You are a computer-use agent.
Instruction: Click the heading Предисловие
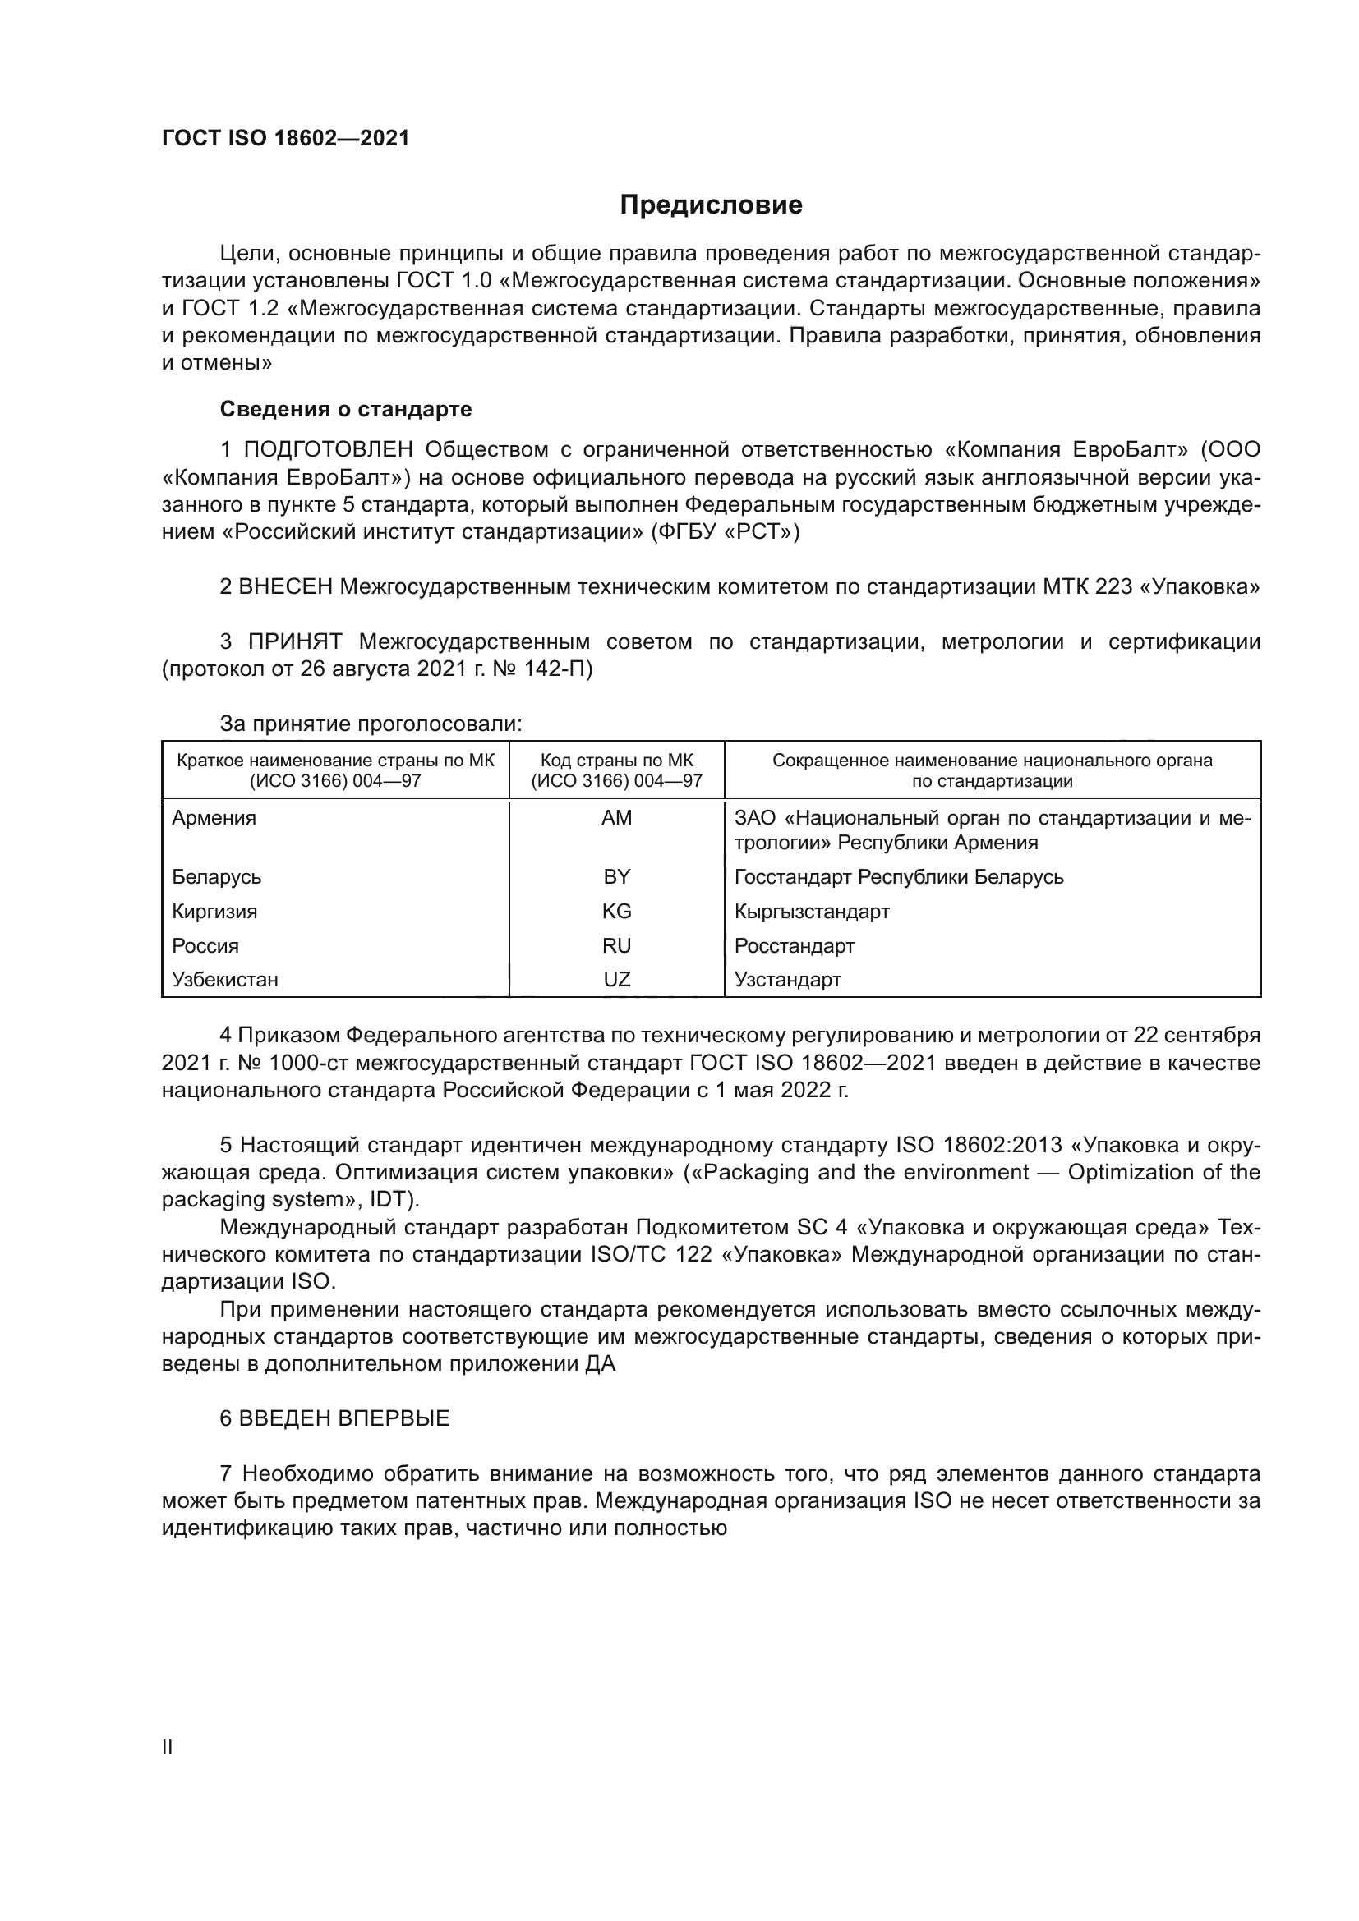tap(711, 205)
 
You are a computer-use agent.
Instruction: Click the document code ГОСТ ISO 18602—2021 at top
tap(285, 139)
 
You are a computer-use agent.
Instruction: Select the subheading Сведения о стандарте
tap(346, 409)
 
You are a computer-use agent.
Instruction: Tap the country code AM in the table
tap(617, 818)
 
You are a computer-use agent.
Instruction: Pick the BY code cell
tap(617, 877)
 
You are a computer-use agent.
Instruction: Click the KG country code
tap(617, 911)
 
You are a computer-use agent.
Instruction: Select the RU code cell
tap(617, 945)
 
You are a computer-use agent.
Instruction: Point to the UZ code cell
tap(617, 979)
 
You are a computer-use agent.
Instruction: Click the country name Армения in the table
tap(214, 818)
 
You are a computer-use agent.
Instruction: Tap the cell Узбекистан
tap(225, 979)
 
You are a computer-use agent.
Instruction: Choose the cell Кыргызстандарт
tap(812, 911)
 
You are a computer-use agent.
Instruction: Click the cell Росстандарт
tap(795, 945)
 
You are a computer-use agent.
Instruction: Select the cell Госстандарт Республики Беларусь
tap(899, 877)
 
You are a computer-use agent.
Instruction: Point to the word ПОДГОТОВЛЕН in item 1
tap(328, 450)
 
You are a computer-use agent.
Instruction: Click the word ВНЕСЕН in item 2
tap(285, 587)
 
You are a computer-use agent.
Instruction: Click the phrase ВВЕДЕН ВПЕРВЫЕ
tap(344, 1418)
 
